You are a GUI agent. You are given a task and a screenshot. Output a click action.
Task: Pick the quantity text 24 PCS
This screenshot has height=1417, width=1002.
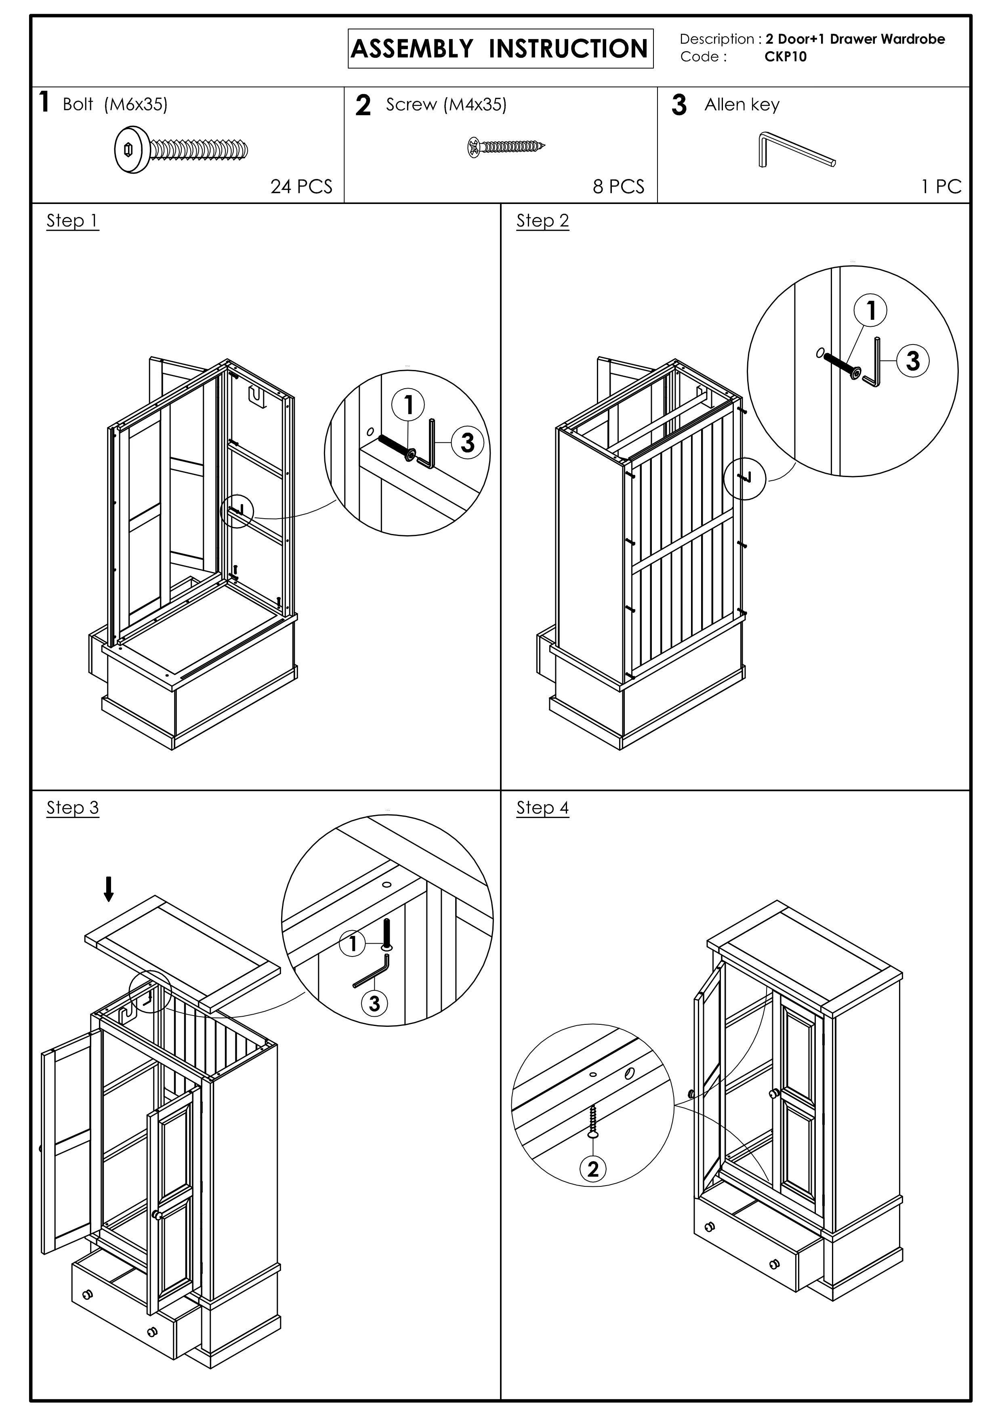click(x=301, y=186)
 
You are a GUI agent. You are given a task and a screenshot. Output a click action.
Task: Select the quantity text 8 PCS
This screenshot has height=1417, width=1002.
click(x=618, y=186)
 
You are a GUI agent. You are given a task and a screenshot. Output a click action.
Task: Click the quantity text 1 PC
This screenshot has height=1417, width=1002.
click(x=941, y=186)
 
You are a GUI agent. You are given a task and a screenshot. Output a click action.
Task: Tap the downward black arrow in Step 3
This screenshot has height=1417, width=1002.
click(x=109, y=889)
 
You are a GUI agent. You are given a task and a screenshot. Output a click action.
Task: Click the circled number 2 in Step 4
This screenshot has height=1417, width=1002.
click(x=593, y=1169)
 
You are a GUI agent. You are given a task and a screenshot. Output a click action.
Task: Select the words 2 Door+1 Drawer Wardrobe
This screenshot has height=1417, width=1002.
click(x=855, y=39)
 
